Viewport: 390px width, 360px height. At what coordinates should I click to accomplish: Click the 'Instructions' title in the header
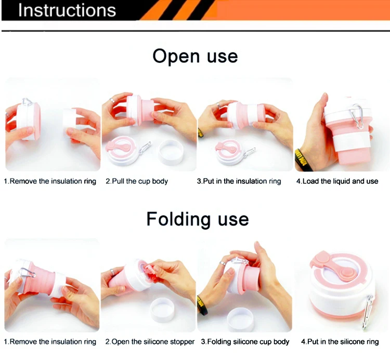coord(67,10)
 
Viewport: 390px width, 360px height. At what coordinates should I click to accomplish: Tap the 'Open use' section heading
coord(195,57)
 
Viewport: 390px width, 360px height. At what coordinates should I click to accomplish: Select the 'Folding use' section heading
coord(198,219)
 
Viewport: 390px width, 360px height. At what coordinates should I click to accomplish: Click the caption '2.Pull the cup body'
coord(137,181)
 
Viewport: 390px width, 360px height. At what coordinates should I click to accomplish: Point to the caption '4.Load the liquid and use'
coord(337,181)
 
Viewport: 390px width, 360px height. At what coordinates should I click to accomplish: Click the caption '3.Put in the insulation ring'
coord(239,181)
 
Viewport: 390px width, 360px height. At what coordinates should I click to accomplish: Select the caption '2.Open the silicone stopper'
coord(150,342)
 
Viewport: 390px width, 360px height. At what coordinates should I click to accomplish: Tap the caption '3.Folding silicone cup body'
coord(245,342)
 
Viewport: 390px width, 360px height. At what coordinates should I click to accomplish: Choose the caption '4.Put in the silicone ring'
coord(340,342)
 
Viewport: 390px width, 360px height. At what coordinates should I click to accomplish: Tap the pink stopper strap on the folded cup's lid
coord(333,266)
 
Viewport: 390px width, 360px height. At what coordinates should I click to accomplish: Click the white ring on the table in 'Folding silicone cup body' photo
coord(240,319)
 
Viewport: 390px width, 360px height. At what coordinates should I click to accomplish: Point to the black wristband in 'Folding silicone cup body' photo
coord(202,305)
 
